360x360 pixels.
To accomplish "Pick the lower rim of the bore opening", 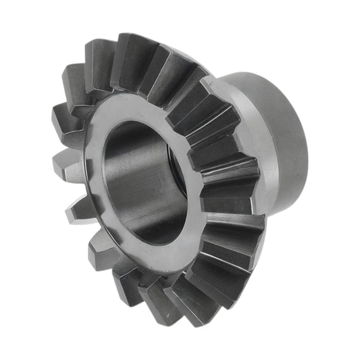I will tap(152, 240).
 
